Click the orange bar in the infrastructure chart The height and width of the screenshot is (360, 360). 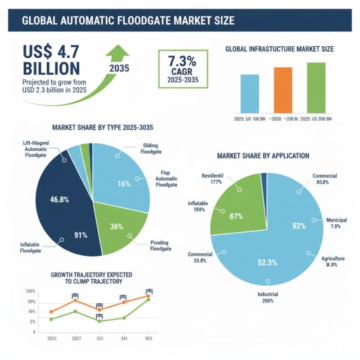click(283, 90)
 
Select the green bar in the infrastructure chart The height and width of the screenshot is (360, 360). click(316, 87)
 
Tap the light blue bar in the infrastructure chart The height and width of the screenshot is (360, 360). click(250, 93)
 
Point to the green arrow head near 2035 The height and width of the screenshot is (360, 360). click(117, 50)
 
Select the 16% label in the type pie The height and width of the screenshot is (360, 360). click(124, 184)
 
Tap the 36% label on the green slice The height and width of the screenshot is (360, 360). click(117, 227)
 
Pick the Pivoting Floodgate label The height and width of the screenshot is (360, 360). click(162, 246)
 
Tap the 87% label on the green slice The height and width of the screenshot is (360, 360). click(235, 216)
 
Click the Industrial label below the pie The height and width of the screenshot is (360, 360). click(268, 294)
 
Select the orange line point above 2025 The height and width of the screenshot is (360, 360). click(51, 312)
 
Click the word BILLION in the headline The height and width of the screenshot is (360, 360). click(45, 68)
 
